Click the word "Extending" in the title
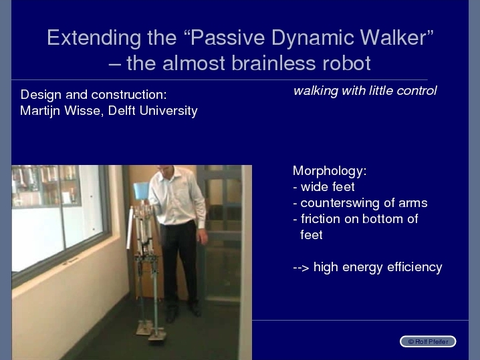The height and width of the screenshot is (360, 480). (x=94, y=38)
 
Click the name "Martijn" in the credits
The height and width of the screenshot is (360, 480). (x=40, y=111)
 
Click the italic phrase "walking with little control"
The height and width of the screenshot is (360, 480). (x=365, y=91)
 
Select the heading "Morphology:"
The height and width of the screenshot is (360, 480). (x=330, y=171)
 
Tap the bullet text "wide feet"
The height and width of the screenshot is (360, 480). (x=328, y=186)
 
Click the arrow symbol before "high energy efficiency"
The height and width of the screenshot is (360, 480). (x=301, y=268)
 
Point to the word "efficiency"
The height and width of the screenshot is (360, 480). (x=414, y=267)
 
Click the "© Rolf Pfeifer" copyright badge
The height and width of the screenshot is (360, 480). (x=428, y=341)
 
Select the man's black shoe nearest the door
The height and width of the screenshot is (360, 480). (x=195, y=309)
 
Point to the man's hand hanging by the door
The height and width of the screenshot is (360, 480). (x=203, y=236)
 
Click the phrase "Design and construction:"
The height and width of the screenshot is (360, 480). (x=94, y=95)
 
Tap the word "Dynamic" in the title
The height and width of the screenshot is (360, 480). (x=313, y=38)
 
